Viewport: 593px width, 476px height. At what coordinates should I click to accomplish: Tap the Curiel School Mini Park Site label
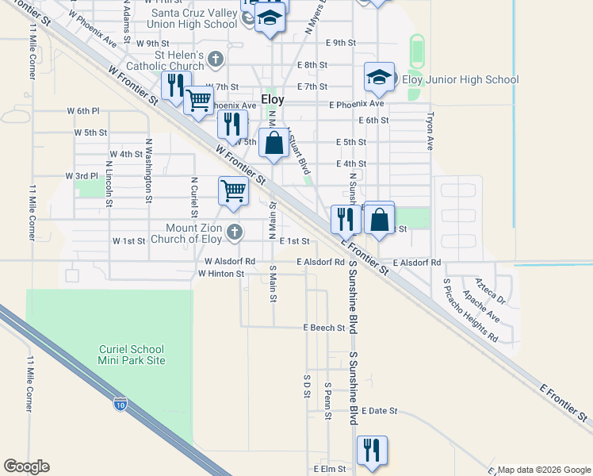132,354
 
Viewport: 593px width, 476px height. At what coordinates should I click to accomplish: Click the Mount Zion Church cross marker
233,232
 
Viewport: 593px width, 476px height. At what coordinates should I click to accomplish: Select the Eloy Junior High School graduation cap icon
379,77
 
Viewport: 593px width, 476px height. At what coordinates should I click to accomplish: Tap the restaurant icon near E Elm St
371,450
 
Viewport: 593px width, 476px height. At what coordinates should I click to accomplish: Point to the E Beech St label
324,328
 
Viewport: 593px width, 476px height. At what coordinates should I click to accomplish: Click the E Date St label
379,411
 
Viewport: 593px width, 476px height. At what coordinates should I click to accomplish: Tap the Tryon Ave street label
430,131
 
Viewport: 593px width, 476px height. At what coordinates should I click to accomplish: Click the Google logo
26,466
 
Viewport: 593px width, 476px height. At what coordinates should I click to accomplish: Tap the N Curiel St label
193,196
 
